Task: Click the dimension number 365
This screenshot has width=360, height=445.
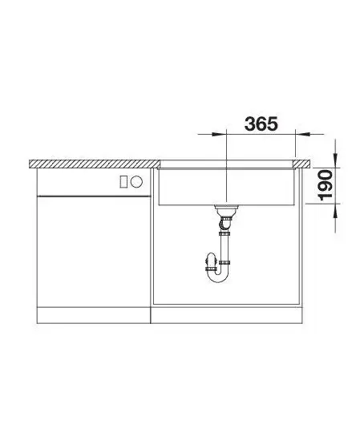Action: coord(261,124)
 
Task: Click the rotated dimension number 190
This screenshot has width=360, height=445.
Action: coord(325,185)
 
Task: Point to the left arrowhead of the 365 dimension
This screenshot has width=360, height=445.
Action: coord(220,134)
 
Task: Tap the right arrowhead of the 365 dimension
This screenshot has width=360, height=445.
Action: coord(301,134)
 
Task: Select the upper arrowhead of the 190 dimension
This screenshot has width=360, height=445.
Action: coord(336,161)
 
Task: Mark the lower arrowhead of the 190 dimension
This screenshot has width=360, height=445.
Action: coord(336,210)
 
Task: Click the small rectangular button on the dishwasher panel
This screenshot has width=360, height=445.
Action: coord(123,181)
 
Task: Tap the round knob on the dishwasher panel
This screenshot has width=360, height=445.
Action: coord(136,181)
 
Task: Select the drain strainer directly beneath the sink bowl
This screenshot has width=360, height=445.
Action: coord(226,210)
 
